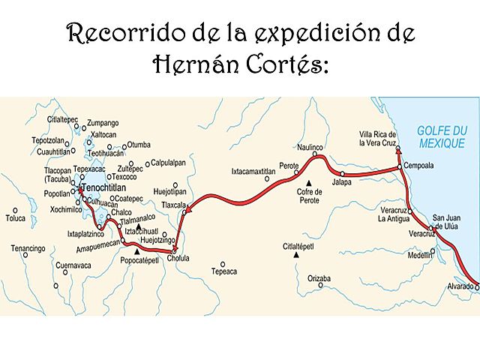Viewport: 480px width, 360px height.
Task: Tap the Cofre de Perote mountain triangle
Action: click(307, 182)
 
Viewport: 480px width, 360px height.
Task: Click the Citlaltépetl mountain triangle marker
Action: click(297, 254)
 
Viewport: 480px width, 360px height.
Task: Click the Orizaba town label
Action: click(319, 278)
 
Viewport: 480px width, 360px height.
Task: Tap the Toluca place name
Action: click(16, 219)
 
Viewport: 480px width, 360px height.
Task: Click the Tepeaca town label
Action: click(223, 272)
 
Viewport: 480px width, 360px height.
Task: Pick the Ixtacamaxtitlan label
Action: click(253, 171)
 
